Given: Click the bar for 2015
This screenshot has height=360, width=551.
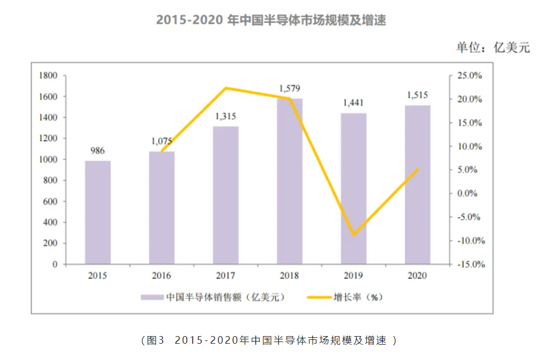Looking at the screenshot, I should pos(98,212).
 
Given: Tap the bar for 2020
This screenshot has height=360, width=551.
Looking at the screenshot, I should pos(417,185).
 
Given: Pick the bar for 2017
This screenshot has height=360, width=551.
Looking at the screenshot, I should pos(225,195).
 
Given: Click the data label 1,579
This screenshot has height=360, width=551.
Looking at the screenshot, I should pos(289,88).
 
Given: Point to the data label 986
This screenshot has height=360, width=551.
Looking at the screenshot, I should pos(98,150).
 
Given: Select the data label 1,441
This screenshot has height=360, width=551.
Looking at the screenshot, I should pos(353,103).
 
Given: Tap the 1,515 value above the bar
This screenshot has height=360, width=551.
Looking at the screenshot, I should pos(417,95).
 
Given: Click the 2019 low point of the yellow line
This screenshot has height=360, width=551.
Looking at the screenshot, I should pos(354,235).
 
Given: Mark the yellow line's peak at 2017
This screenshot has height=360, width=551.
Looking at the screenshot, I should pos(225,88).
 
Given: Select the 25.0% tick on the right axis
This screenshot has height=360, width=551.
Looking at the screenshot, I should pos(469,75).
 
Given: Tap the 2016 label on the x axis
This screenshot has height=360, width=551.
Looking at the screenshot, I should pos(162,275).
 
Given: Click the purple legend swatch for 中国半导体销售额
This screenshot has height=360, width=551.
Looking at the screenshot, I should pos(152,297).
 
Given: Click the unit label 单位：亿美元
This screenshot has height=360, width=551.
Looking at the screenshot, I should pos(492,48).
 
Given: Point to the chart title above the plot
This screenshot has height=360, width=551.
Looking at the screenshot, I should pos(271,20).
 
